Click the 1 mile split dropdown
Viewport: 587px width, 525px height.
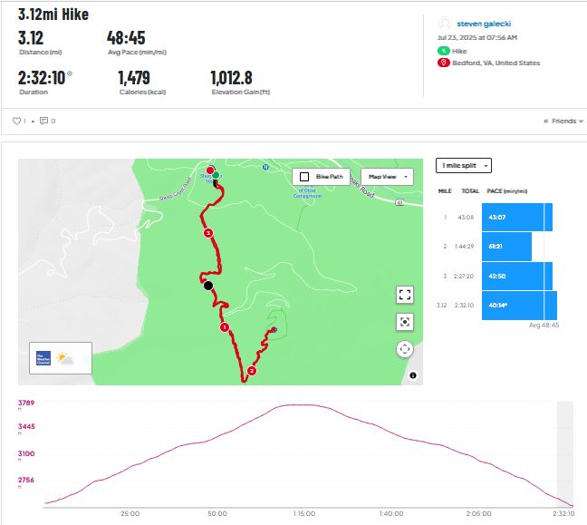pos(464,166)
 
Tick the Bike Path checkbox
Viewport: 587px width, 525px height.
pos(305,177)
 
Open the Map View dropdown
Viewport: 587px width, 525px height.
pos(387,177)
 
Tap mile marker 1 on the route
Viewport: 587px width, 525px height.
pos(225,327)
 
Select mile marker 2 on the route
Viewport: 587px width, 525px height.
pos(252,370)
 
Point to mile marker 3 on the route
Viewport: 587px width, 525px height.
pos(208,233)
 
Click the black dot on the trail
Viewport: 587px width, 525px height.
pos(208,286)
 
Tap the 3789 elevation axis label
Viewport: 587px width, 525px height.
pos(26,403)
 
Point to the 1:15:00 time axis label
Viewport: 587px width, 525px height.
pos(303,513)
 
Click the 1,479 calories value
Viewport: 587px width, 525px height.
pos(134,78)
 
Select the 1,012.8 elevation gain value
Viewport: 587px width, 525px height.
pos(231,78)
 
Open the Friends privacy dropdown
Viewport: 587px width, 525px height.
pos(563,121)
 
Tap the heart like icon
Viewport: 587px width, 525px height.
pos(16,121)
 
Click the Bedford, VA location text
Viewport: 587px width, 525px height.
pos(501,63)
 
